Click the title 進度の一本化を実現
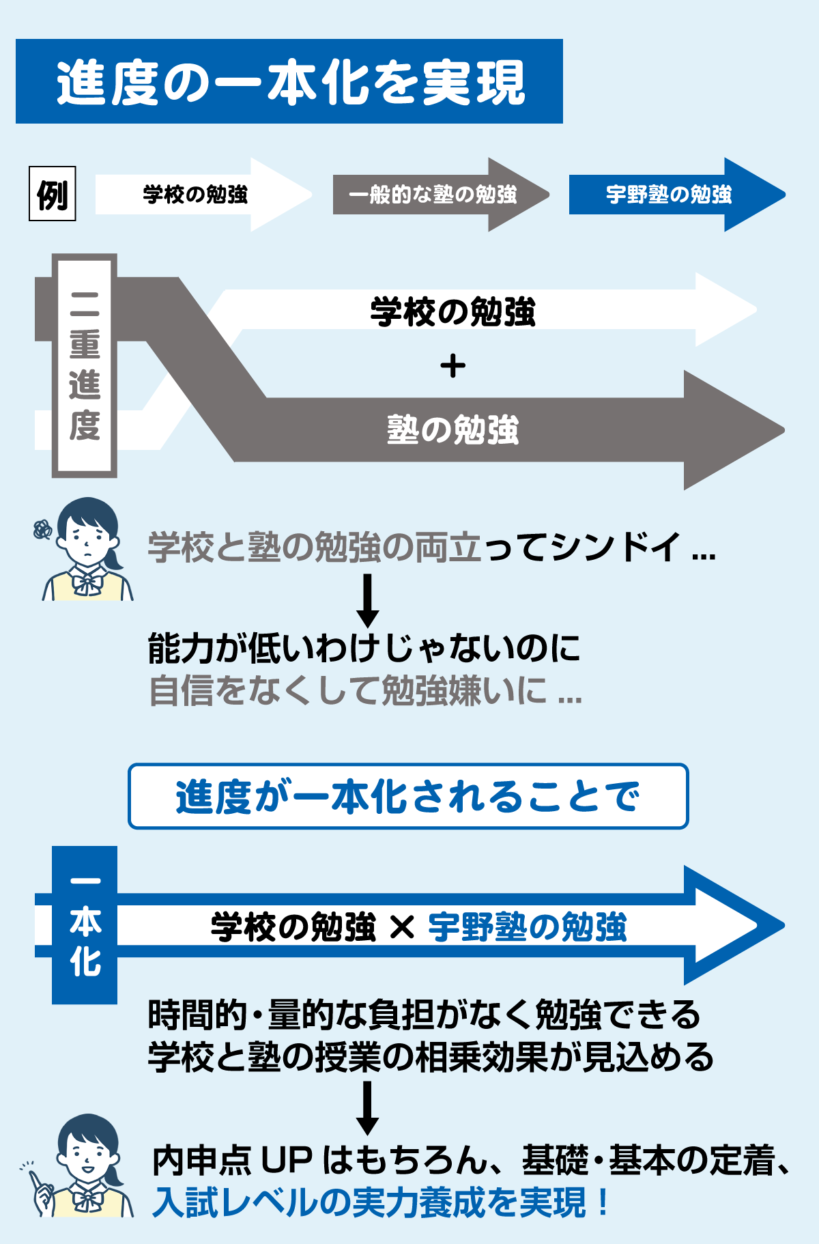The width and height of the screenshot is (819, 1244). pos(290,83)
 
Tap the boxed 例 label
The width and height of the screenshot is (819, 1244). pos(53,195)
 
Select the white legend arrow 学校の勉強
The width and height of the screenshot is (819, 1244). pos(195,195)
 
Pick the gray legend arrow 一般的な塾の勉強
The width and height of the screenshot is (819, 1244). pos(433,195)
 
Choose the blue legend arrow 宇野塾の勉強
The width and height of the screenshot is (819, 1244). pos(669,195)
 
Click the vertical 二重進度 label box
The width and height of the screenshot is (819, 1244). pos(85,365)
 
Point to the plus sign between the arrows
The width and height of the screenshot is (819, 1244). pos(452,367)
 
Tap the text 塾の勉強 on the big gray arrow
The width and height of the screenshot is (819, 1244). pos(452,430)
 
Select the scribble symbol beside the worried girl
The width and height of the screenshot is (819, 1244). pos(42,529)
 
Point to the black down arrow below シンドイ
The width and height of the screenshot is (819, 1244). pos(368,601)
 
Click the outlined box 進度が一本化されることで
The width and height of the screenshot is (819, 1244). pos(408,797)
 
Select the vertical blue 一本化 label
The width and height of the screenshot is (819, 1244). pos(85,925)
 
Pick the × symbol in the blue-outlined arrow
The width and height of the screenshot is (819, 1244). pos(402,927)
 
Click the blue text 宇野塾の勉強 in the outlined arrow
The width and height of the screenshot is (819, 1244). pos(527,927)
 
